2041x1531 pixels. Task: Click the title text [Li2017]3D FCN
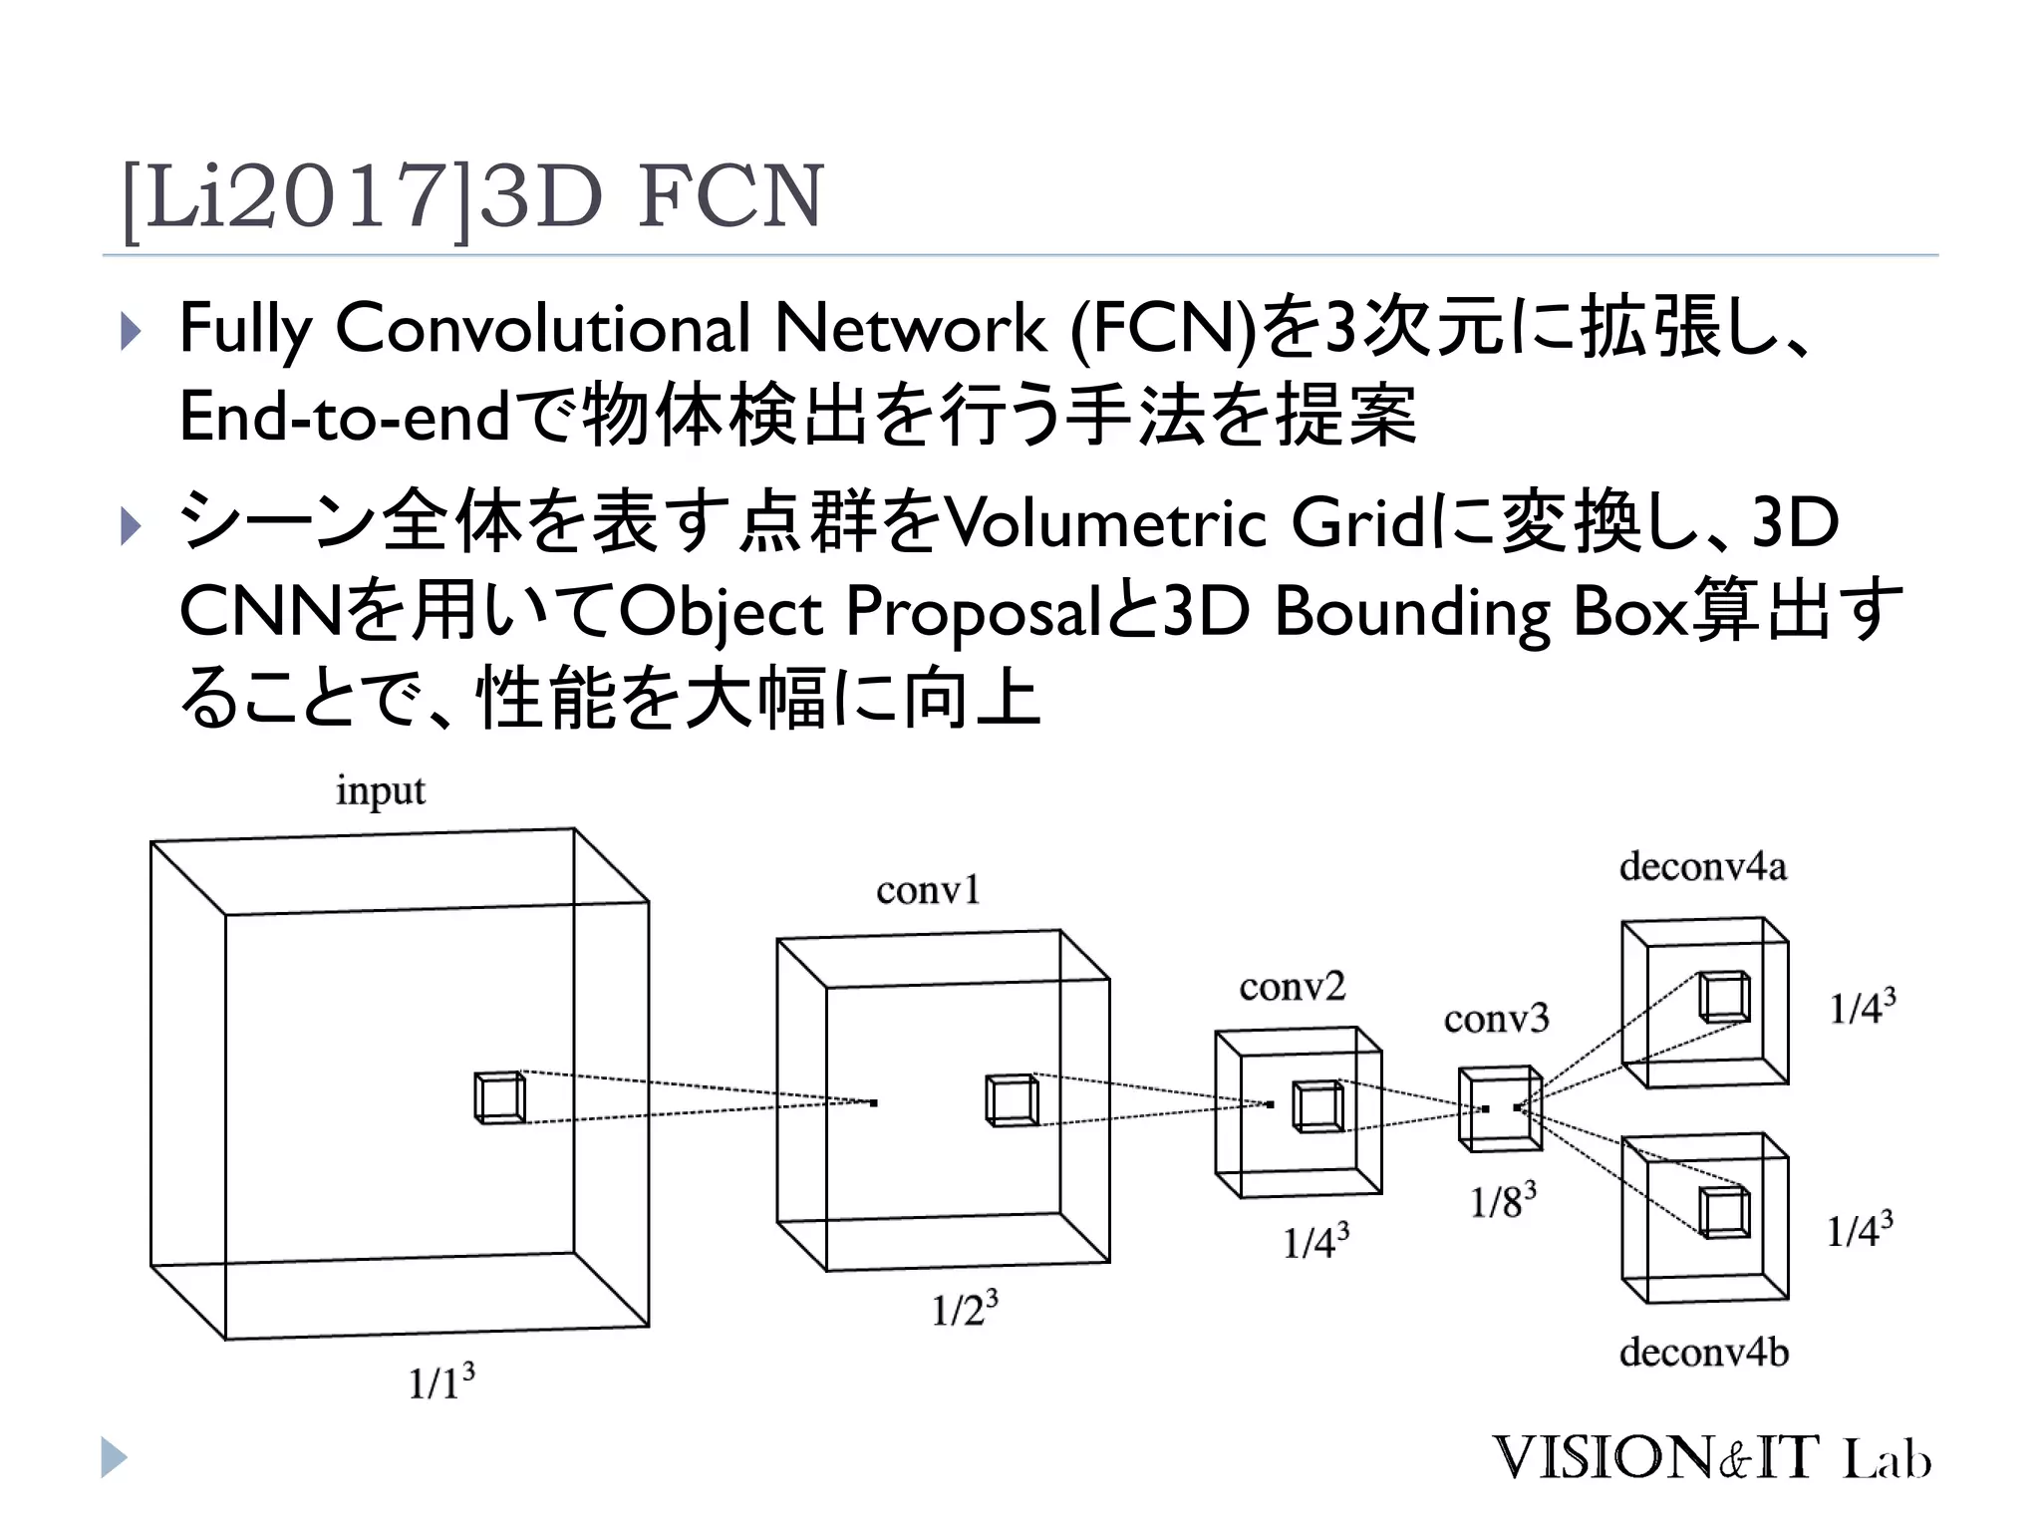click(x=472, y=196)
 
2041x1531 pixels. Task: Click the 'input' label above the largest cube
click(x=380, y=790)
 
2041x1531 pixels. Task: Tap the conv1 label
click(x=928, y=889)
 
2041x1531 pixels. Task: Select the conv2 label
click(x=1292, y=987)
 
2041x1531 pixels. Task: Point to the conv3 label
click(x=1496, y=1019)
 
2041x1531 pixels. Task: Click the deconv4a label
click(x=1702, y=866)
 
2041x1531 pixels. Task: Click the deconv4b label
click(x=1703, y=1353)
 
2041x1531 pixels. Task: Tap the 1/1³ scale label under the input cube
click(x=440, y=1382)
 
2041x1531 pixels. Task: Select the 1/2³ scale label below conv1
click(x=964, y=1309)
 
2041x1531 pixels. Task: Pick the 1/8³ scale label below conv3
click(x=1502, y=1201)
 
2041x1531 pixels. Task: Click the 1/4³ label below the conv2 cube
click(x=1314, y=1241)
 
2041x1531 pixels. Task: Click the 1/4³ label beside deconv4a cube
click(x=1861, y=1007)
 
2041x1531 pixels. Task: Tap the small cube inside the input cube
click(x=499, y=1097)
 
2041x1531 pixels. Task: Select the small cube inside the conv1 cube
click(x=1011, y=1100)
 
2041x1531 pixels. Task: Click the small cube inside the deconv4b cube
click(x=1724, y=1212)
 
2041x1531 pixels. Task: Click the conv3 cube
click(x=1500, y=1108)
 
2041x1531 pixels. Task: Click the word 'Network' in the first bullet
click(x=910, y=328)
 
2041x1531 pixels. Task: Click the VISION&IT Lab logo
click(x=1710, y=1458)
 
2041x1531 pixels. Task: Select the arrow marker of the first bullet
click(x=131, y=331)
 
